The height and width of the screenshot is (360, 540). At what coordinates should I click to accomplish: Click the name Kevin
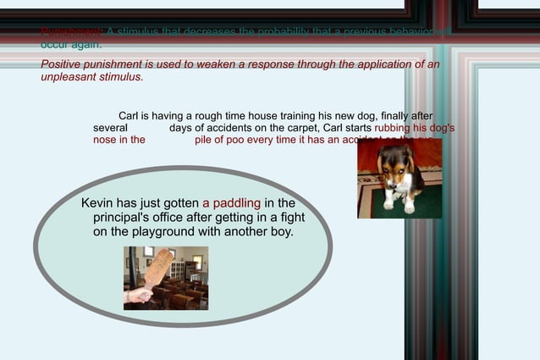tap(97, 203)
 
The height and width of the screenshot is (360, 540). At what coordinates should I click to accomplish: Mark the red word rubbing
tap(394, 128)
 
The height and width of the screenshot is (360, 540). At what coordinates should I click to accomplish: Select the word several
tap(111, 128)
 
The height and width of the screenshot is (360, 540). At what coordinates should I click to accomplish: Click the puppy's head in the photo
tap(396, 161)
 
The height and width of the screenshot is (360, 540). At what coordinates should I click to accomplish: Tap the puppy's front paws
tap(398, 206)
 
